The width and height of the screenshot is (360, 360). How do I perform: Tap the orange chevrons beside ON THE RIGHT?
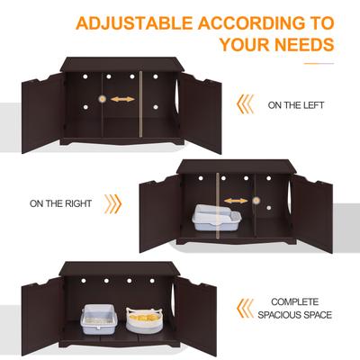(x=112, y=203)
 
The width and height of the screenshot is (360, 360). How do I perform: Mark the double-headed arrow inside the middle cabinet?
(x=235, y=202)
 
